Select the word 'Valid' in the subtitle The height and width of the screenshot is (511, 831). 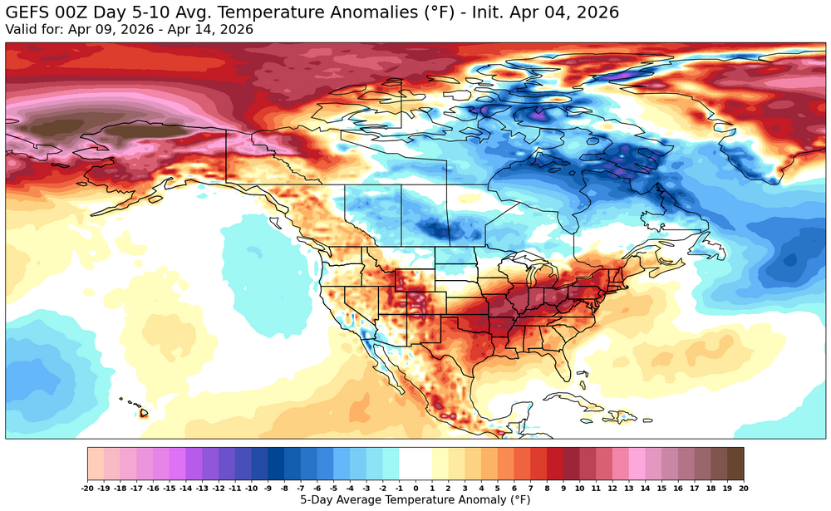(22, 29)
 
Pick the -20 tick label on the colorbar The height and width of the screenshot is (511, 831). (87, 489)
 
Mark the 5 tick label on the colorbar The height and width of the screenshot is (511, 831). (498, 489)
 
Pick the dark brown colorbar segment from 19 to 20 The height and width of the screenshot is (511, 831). (735, 461)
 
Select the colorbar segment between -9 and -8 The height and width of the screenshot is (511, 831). (276, 461)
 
